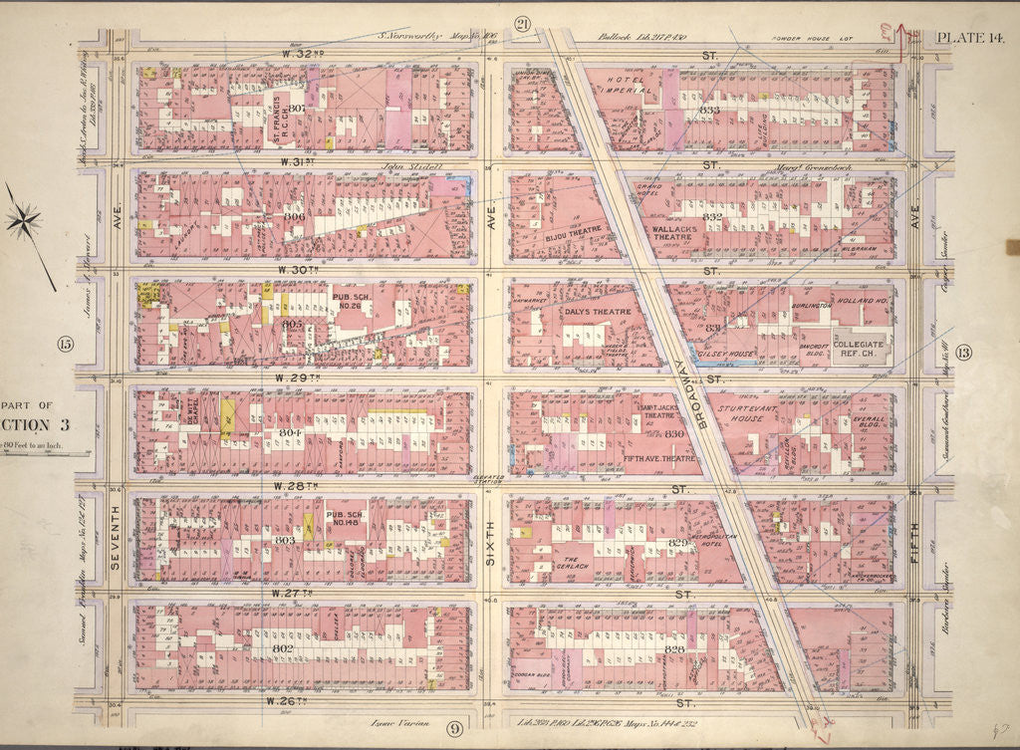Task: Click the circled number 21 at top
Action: click(x=523, y=24)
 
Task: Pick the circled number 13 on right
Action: click(x=962, y=351)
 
